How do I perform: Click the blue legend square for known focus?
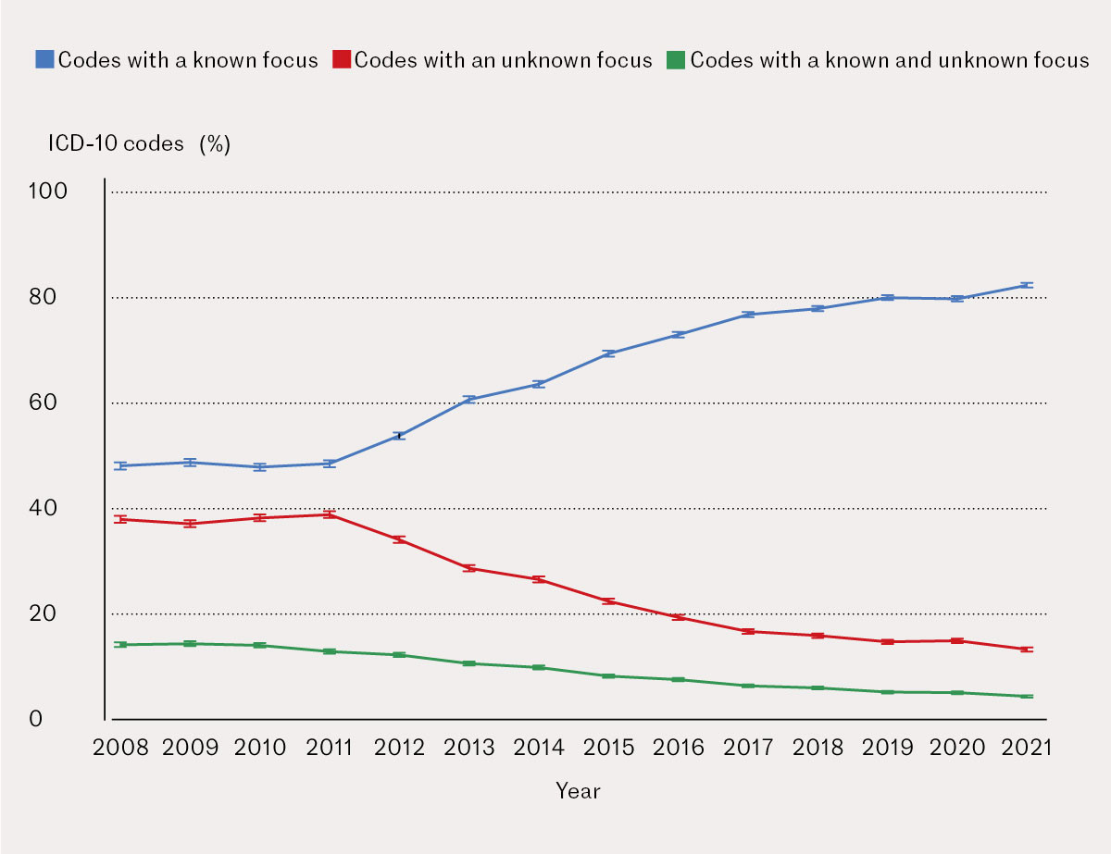[44, 60]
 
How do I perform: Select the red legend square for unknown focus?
[343, 60]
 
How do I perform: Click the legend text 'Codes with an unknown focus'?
[504, 60]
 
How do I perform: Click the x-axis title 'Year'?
[578, 791]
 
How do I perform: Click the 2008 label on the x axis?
[120, 748]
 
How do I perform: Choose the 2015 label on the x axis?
[608, 748]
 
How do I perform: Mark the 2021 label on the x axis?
[1026, 748]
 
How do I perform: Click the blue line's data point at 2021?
[1026, 285]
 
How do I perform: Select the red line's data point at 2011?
[329, 514]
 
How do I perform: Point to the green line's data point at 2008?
[120, 644]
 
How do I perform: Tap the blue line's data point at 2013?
[468, 399]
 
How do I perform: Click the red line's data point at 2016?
[678, 617]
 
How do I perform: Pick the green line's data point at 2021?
[1026, 696]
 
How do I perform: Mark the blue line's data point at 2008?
[120, 465]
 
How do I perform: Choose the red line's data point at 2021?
[1026, 650]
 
